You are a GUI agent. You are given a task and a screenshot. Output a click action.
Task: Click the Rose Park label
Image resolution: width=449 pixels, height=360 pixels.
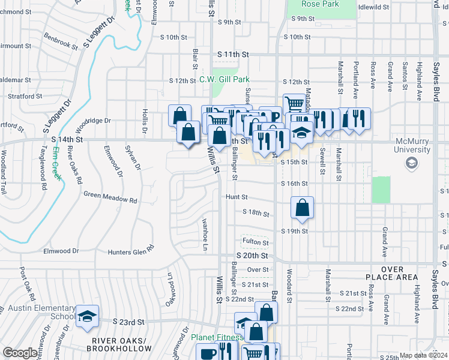pos(321,4)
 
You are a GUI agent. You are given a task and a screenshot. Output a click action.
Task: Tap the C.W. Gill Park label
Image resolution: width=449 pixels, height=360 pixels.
pos(224,79)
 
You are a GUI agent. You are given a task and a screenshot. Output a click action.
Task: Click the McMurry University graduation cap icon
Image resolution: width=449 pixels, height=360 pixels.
pos(412,163)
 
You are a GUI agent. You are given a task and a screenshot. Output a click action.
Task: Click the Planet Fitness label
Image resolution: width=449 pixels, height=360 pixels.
pos(217,337)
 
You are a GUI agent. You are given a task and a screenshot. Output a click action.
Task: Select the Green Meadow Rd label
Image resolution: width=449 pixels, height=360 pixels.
pos(110,194)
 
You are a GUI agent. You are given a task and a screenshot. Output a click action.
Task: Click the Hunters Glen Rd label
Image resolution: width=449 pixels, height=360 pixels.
pos(131,253)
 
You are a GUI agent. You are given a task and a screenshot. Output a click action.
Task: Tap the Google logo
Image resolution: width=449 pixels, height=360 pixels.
pos(19,353)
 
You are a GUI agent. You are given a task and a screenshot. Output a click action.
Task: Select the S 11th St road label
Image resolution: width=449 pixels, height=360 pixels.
pos(233,55)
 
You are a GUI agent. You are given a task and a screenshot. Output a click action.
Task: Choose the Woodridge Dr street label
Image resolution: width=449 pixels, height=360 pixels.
pos(94,121)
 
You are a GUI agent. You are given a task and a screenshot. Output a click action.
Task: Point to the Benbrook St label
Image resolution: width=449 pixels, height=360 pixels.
pos(61,41)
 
